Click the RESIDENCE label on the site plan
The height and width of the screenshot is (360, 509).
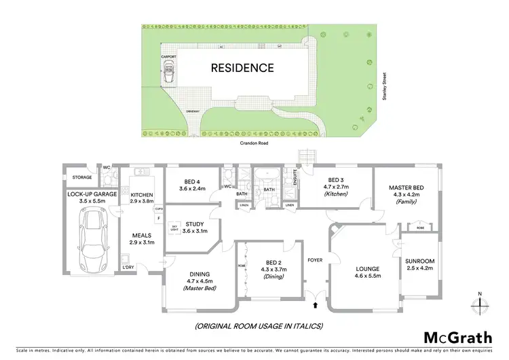242,68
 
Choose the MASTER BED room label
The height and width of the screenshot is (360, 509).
406,187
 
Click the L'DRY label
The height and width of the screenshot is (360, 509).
128,267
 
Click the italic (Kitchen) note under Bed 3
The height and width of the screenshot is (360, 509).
335,195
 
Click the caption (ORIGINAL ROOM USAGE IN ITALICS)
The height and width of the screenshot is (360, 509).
259,326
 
